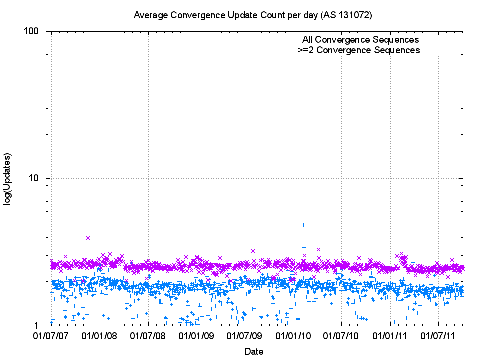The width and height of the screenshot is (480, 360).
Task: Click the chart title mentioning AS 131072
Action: tap(253, 15)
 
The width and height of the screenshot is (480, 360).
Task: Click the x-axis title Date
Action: tap(254, 351)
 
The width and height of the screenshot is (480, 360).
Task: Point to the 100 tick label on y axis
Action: tap(31, 31)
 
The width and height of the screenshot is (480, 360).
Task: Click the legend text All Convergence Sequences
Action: tap(360, 40)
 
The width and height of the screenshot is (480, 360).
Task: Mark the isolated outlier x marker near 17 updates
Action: tap(223, 144)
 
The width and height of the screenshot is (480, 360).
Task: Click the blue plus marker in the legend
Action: tap(439, 40)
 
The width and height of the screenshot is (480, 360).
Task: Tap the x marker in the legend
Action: tap(439, 50)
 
